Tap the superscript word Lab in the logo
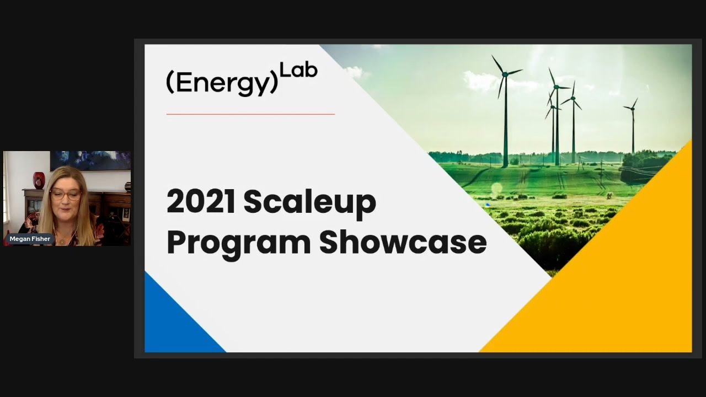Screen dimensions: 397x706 [298, 71]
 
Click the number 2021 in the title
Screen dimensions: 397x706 [200, 202]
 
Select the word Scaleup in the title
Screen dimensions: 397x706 [309, 203]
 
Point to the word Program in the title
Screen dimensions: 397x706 [238, 243]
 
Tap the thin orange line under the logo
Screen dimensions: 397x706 [250, 114]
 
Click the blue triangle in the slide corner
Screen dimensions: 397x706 [171, 325]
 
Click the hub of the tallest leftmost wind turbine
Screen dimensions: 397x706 [504, 73]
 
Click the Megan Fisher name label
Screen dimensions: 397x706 [30, 239]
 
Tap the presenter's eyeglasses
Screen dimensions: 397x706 [65, 195]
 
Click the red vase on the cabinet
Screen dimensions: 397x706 [39, 180]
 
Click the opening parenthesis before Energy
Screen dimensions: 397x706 [170, 83]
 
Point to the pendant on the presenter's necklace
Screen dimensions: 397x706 [62, 240]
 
